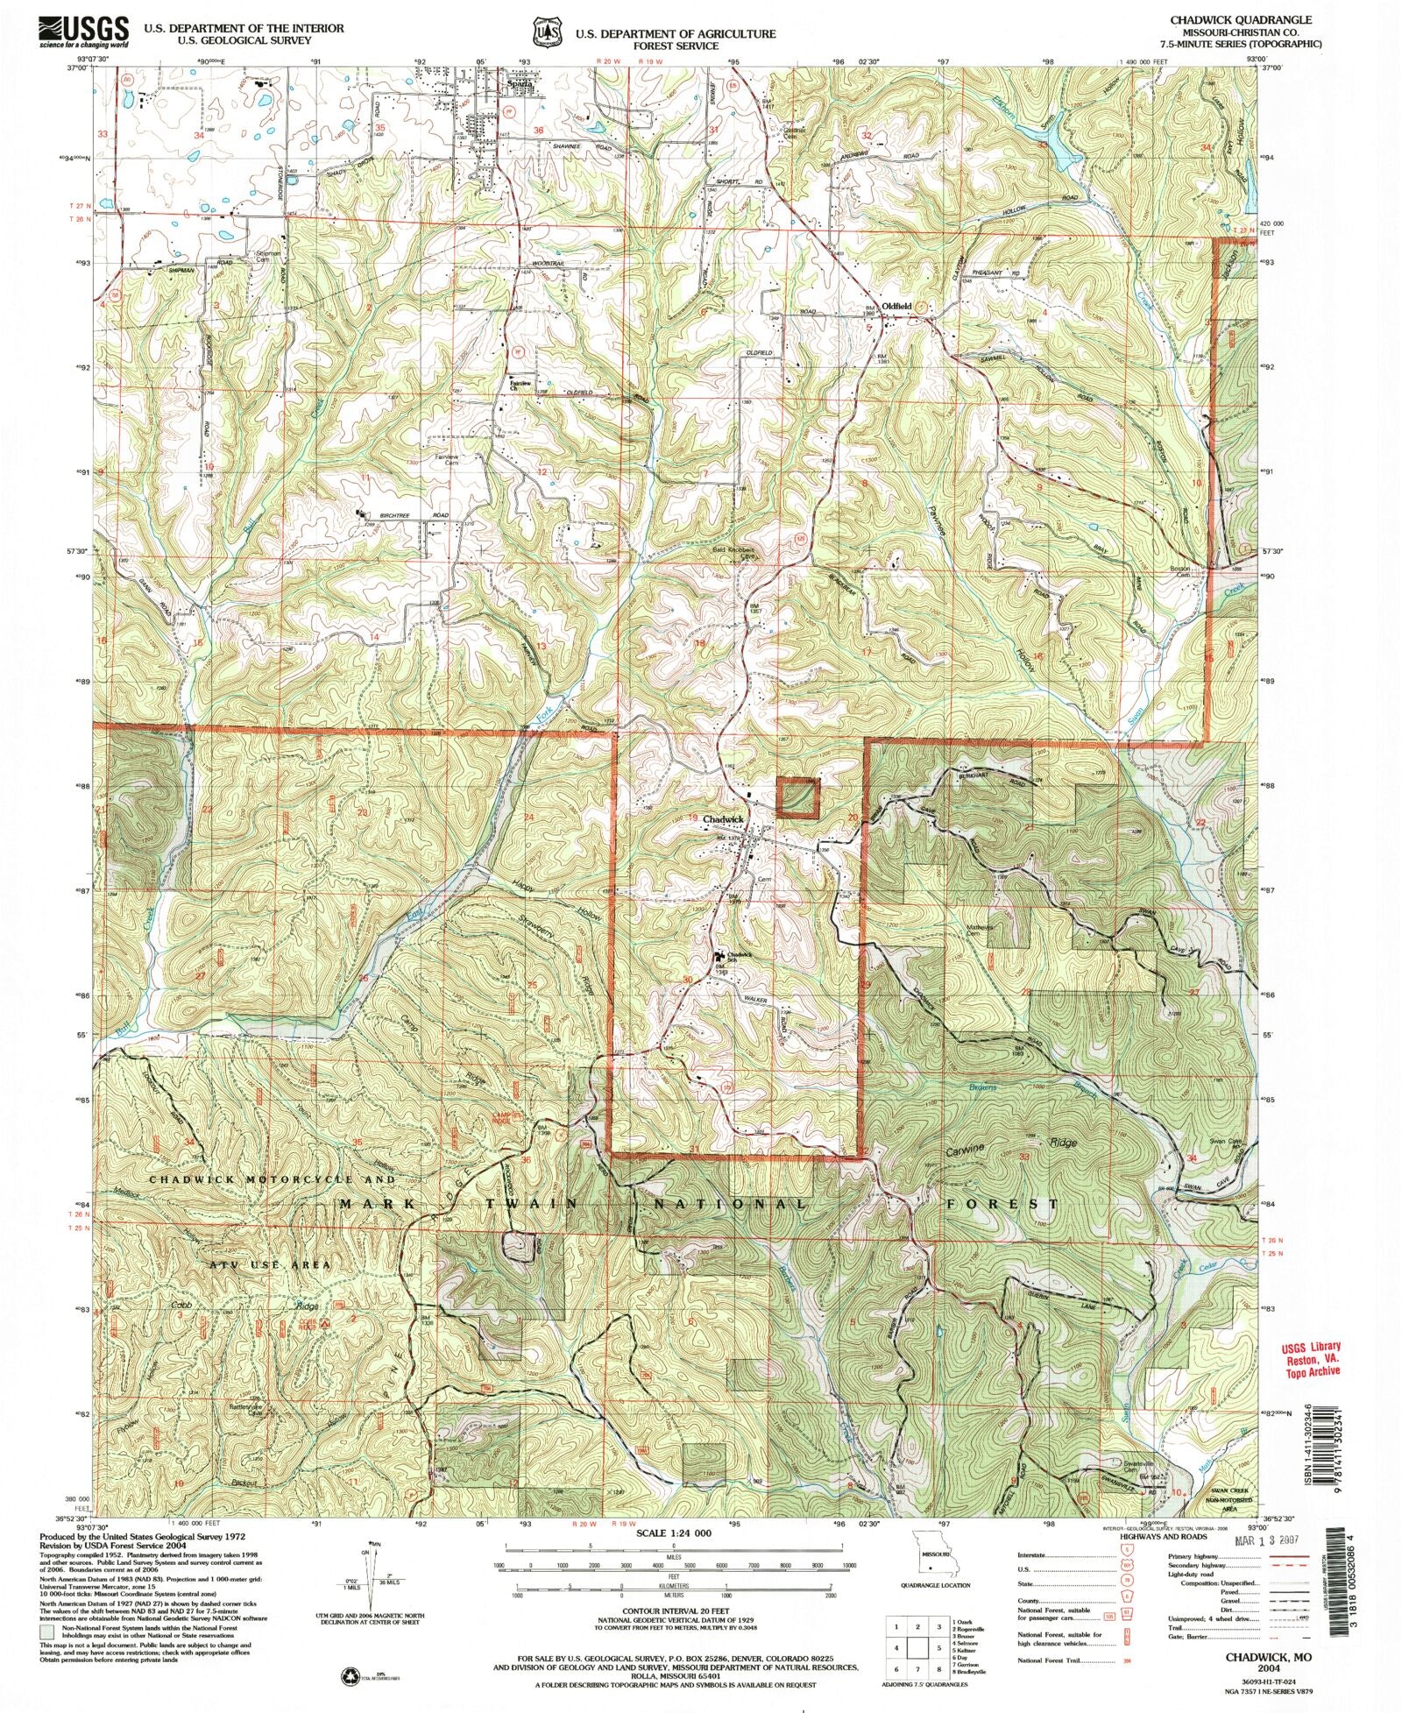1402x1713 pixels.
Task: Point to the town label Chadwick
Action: (723, 819)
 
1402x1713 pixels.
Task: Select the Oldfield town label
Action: (897, 306)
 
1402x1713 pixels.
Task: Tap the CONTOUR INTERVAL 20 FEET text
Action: (663, 1611)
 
